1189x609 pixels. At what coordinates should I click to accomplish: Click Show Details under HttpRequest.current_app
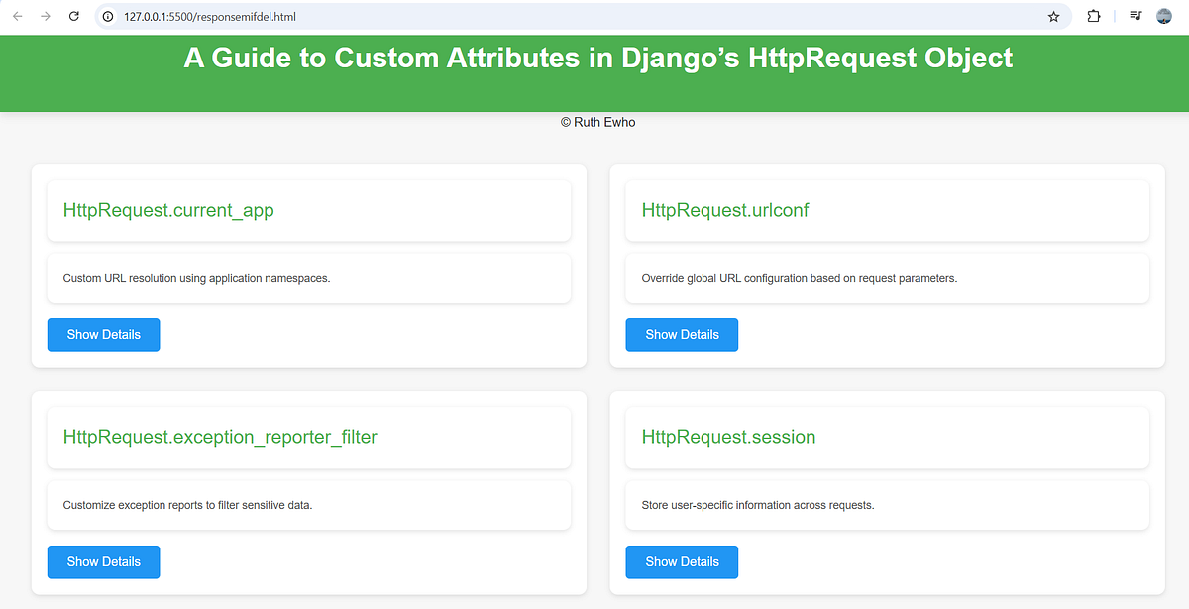click(103, 335)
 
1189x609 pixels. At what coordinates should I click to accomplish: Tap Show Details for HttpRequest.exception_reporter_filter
click(103, 562)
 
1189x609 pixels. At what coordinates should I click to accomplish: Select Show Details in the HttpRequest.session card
click(682, 562)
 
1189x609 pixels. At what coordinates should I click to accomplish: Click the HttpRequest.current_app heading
click(168, 210)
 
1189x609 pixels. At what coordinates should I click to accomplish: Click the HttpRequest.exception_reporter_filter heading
click(220, 437)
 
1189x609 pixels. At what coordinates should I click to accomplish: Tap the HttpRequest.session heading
click(728, 437)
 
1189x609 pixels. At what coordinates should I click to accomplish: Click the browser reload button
click(73, 17)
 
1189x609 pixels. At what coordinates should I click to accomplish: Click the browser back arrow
click(18, 17)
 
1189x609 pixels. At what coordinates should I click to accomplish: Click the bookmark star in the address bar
click(1054, 17)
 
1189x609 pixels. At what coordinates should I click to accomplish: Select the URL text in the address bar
click(210, 17)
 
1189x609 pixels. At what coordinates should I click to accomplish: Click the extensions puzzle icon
click(1094, 17)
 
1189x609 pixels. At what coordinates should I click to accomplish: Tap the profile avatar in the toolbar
click(1164, 17)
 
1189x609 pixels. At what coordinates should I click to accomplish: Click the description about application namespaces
click(196, 278)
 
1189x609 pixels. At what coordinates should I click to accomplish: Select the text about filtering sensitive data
click(187, 505)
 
